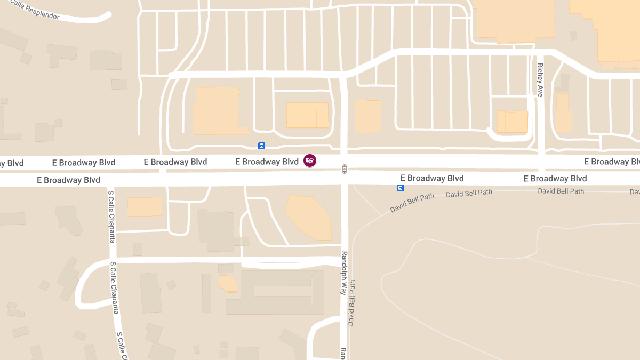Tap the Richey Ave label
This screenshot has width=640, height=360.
click(x=540, y=79)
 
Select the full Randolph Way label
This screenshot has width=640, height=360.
click(x=344, y=273)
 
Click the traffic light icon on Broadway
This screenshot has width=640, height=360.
click(x=345, y=169)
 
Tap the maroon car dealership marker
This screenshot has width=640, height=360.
click(x=309, y=160)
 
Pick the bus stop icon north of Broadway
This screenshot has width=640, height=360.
click(x=261, y=146)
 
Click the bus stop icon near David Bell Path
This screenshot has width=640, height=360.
click(x=400, y=188)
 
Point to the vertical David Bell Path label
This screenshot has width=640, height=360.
click(x=351, y=303)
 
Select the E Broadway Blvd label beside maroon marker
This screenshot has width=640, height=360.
click(x=267, y=161)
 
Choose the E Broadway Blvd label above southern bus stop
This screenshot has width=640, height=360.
click(x=432, y=178)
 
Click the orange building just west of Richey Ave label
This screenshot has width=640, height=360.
click(x=513, y=122)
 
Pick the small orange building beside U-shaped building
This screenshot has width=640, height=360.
click(x=228, y=283)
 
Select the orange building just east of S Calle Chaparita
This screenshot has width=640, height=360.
click(x=144, y=206)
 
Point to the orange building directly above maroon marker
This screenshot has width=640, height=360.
click(x=307, y=115)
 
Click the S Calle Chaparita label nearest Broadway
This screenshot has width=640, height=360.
click(x=111, y=216)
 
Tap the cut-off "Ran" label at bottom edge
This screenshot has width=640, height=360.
click(x=343, y=354)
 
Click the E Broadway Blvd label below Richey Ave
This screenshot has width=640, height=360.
click(x=555, y=178)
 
